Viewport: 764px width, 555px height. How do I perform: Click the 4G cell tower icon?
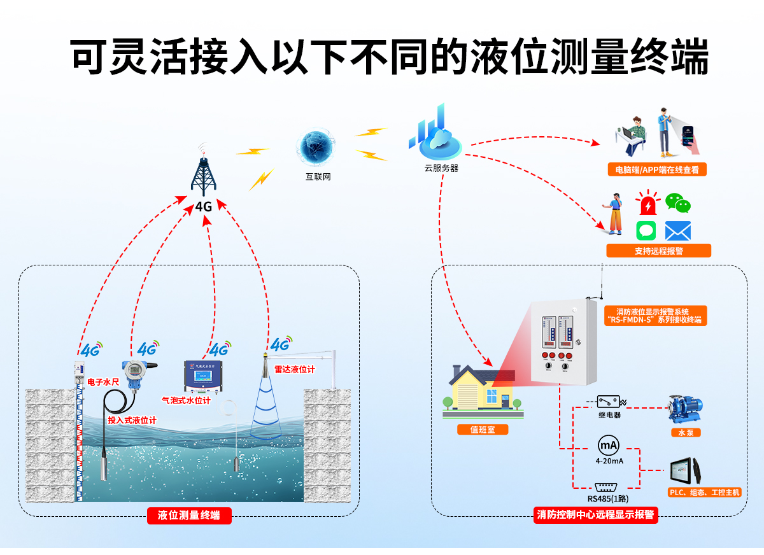[x=204, y=172]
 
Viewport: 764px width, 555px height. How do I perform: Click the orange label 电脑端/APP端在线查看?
[x=657, y=170]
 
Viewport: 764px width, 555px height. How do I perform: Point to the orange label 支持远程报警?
[x=658, y=251]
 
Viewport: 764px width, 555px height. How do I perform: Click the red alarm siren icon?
[x=647, y=204]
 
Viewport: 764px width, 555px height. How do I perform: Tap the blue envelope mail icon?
[x=677, y=230]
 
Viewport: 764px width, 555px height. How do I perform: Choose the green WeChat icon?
[x=677, y=203]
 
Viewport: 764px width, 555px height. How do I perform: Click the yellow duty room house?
[x=482, y=388]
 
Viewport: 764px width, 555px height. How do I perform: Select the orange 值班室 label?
[x=481, y=430]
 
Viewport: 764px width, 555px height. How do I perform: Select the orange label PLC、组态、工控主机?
[x=705, y=493]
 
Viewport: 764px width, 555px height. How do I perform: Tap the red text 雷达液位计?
[x=294, y=369]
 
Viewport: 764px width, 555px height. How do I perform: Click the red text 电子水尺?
[x=103, y=381]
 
